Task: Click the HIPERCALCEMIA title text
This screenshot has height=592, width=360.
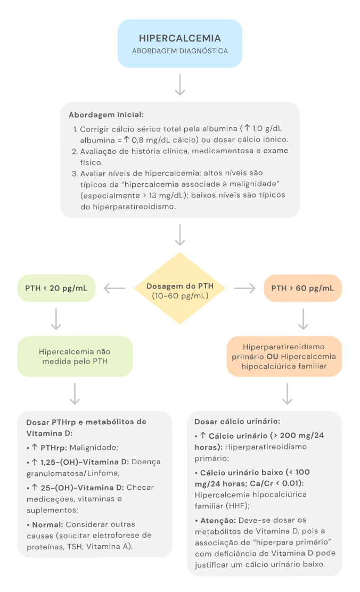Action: click(180, 38)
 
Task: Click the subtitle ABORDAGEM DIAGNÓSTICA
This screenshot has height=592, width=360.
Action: click(180, 52)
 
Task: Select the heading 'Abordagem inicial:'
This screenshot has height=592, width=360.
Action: click(106, 115)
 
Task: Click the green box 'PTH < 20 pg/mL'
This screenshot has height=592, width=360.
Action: click(56, 288)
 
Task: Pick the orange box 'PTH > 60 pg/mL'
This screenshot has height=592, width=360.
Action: click(302, 288)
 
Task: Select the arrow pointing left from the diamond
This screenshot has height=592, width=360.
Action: click(114, 288)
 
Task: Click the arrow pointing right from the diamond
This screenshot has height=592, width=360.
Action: click(244, 288)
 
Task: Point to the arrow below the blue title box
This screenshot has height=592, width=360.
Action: click(180, 85)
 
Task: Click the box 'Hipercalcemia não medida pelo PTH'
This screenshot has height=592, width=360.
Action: click(75, 356)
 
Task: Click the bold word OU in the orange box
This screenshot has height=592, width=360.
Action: click(272, 356)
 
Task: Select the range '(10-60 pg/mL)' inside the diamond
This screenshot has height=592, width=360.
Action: click(180, 295)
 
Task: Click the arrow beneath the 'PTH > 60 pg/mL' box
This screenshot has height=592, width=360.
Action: click(303, 319)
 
